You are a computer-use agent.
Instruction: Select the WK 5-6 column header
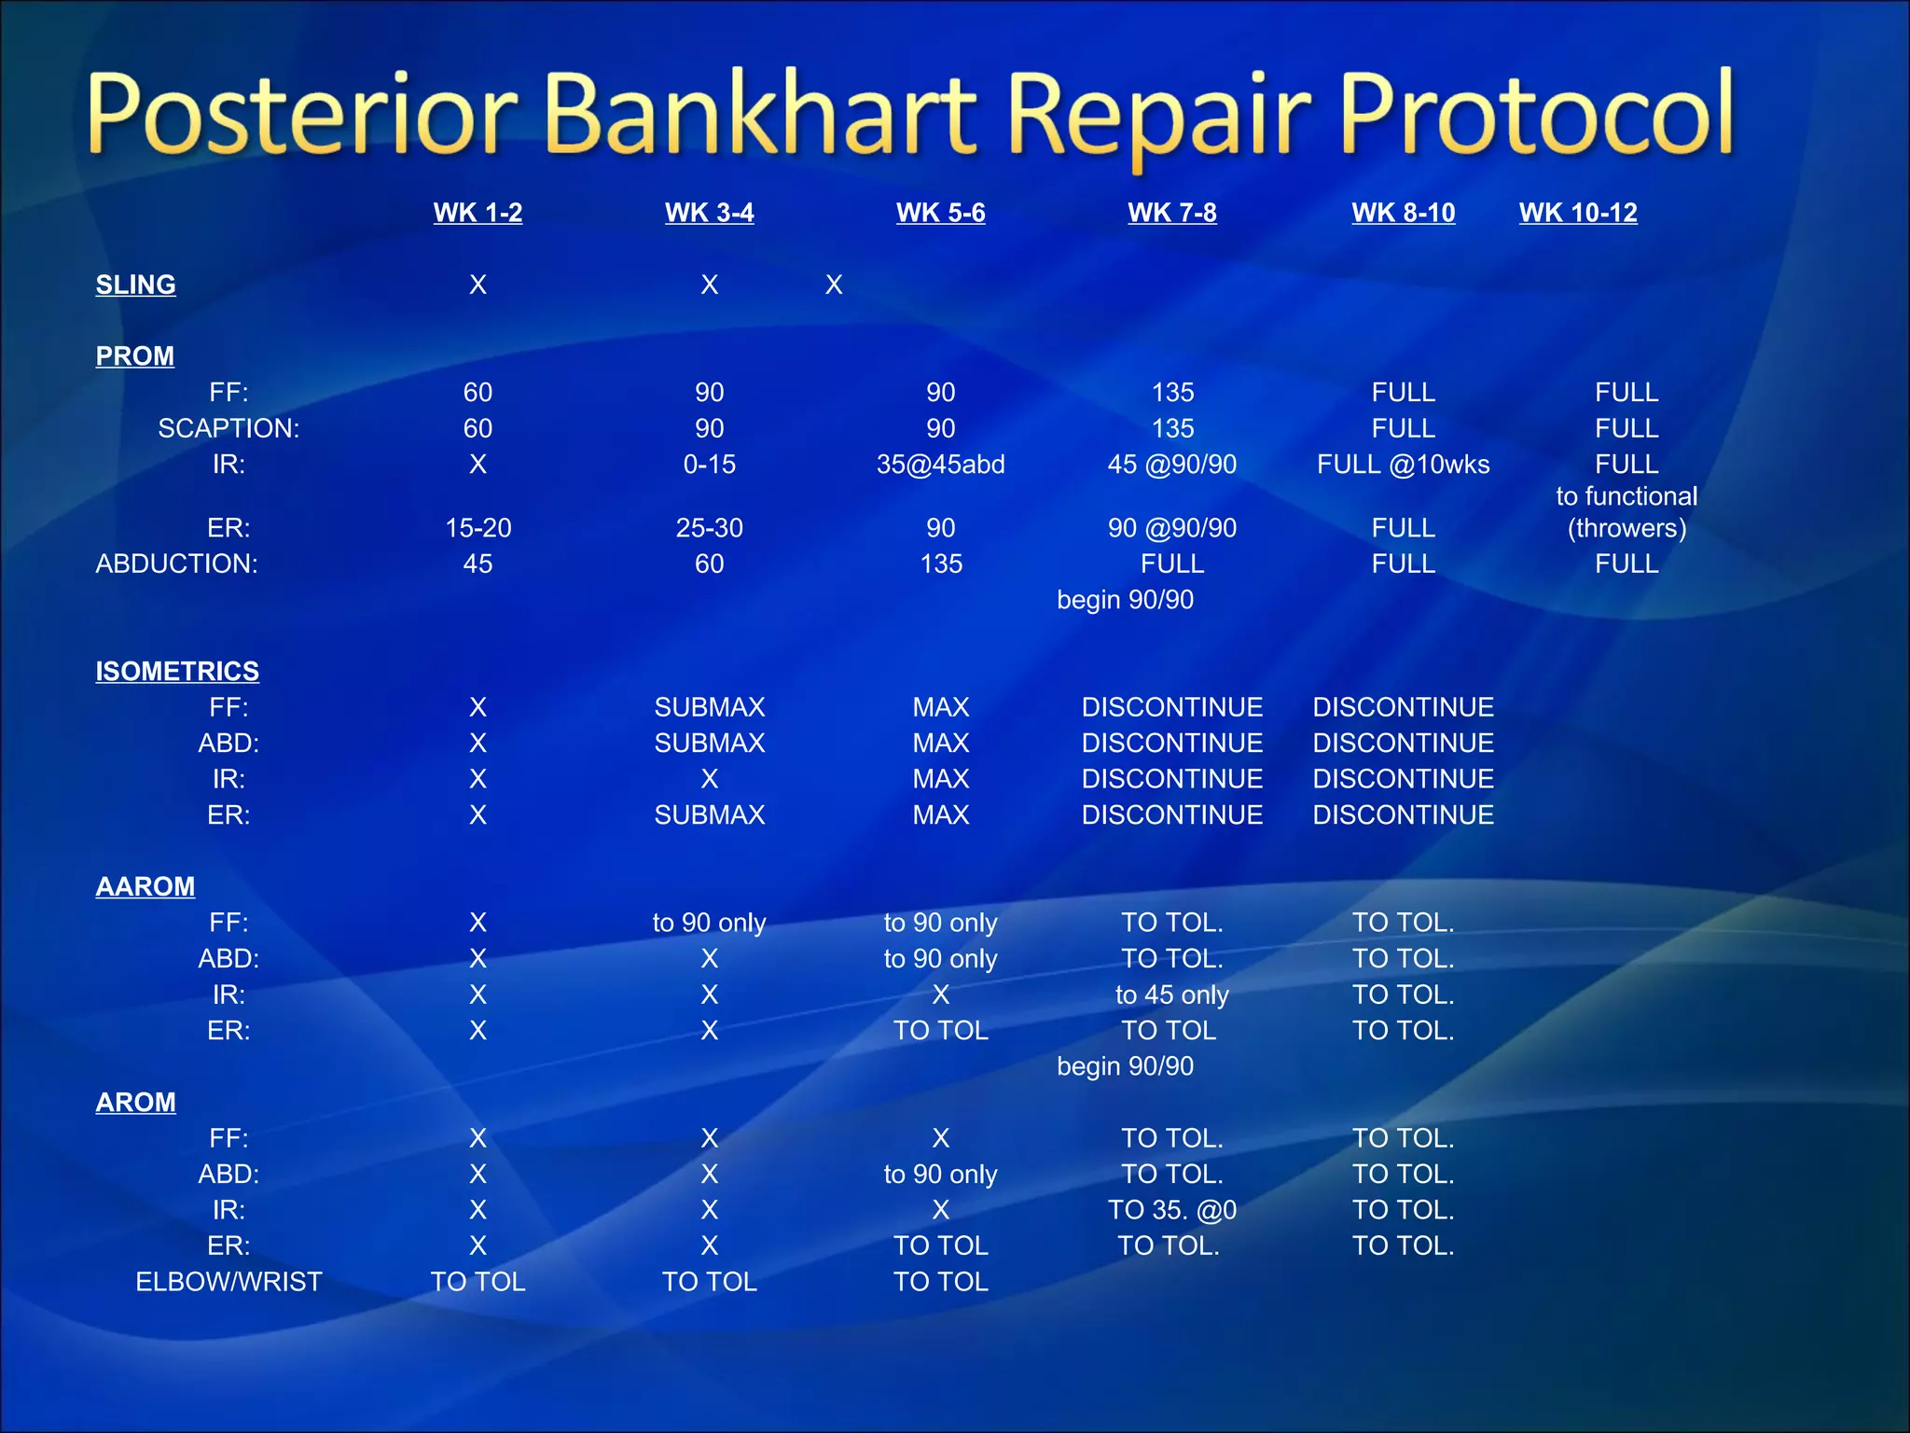tap(940, 213)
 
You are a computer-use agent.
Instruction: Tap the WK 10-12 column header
tap(1577, 213)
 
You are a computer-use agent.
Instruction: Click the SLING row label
tap(135, 285)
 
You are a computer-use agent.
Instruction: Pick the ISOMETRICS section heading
tap(177, 671)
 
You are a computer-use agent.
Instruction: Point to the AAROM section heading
tap(145, 886)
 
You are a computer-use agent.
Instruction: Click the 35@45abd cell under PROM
tap(940, 465)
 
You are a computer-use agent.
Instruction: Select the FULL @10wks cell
tap(1403, 465)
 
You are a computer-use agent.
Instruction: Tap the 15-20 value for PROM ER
tap(477, 528)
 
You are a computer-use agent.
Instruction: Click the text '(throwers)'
tap(1626, 528)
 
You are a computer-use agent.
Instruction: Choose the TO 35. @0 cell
tap(1171, 1210)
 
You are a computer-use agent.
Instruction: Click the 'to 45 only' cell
tap(1171, 995)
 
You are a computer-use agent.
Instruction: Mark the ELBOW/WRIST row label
tap(228, 1282)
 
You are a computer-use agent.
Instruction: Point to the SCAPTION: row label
tap(228, 428)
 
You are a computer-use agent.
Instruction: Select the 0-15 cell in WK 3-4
tap(709, 465)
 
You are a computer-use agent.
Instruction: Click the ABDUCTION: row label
tap(176, 563)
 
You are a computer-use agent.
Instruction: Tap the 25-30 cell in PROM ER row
tap(709, 528)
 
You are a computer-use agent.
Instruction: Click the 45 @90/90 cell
tap(1171, 465)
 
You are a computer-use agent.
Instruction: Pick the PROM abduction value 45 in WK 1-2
tap(477, 563)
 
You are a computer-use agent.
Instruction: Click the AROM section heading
tap(135, 1102)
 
